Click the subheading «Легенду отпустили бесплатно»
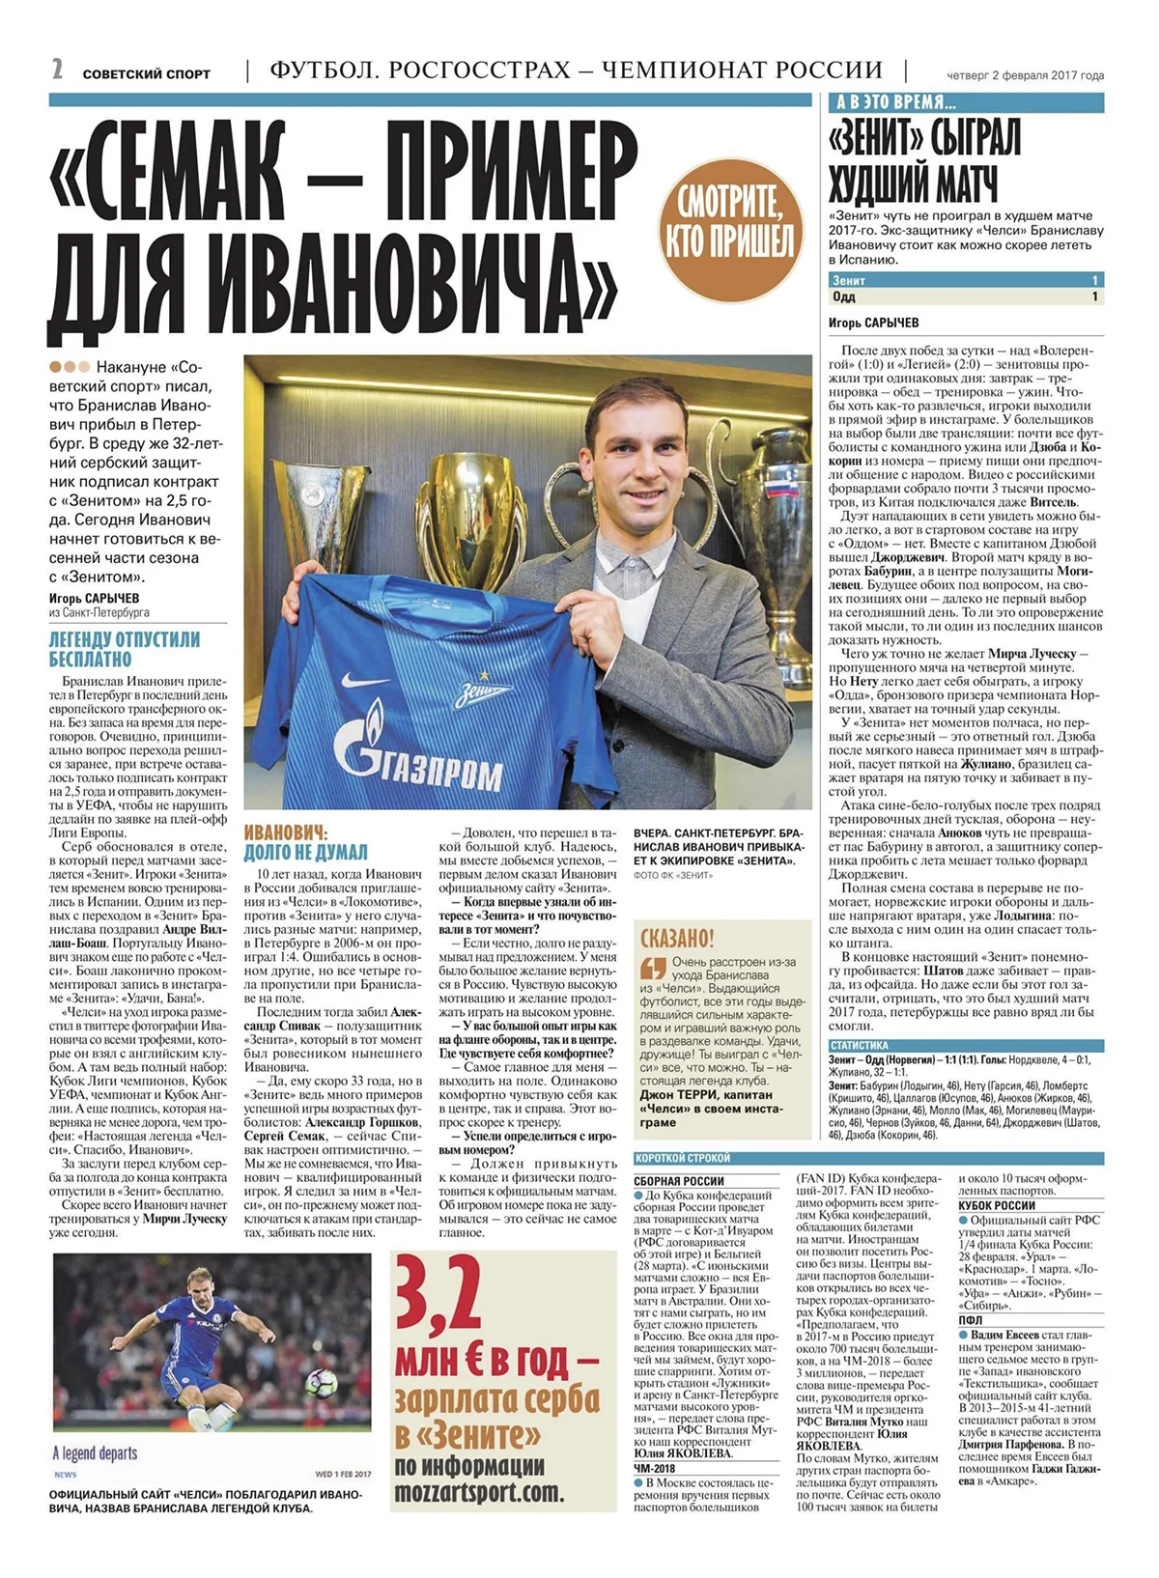[x=125, y=649]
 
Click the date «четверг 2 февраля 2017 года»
[x=1025, y=75]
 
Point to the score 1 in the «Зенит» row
[x=1094, y=280]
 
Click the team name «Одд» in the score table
[x=843, y=296]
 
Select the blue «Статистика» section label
[x=859, y=1045]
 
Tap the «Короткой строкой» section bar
[x=682, y=1158]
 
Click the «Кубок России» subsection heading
[x=997, y=1205]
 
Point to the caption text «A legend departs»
[x=95, y=1453]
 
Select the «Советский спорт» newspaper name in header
[x=146, y=73]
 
